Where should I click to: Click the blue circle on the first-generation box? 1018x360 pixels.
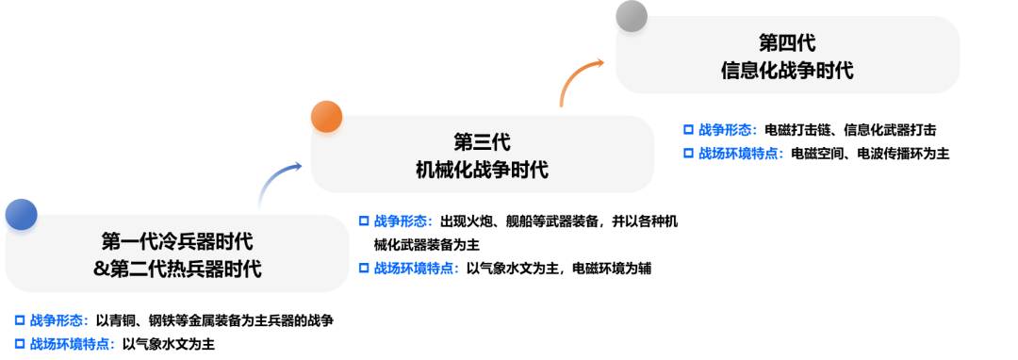pyautogui.click(x=20, y=215)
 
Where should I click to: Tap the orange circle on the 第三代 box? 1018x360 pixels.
pyautogui.click(x=325, y=116)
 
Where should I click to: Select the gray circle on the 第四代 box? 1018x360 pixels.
pyautogui.click(x=630, y=16)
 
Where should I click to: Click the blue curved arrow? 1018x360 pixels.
pyautogui.click(x=277, y=183)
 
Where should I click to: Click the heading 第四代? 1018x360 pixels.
pyautogui.click(x=786, y=43)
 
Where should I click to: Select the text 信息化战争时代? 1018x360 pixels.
pyautogui.click(x=786, y=71)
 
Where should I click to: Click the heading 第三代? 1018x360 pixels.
pyautogui.click(x=482, y=142)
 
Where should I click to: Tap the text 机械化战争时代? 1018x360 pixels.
pyautogui.click(x=482, y=171)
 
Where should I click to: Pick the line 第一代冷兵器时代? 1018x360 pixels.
pyautogui.click(x=177, y=241)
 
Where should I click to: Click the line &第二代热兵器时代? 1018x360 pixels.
pyautogui.click(x=177, y=270)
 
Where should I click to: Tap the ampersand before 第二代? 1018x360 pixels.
pyautogui.click(x=101, y=270)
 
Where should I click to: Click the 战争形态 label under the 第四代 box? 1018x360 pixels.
pyautogui.click(x=728, y=130)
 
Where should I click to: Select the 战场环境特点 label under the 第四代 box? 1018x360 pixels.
pyautogui.click(x=740, y=154)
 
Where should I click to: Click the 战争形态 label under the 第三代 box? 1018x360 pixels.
pyautogui.click(x=402, y=221)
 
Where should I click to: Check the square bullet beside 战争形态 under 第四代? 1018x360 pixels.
pyautogui.click(x=688, y=130)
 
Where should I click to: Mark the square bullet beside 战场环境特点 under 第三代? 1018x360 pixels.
pyautogui.click(x=364, y=269)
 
